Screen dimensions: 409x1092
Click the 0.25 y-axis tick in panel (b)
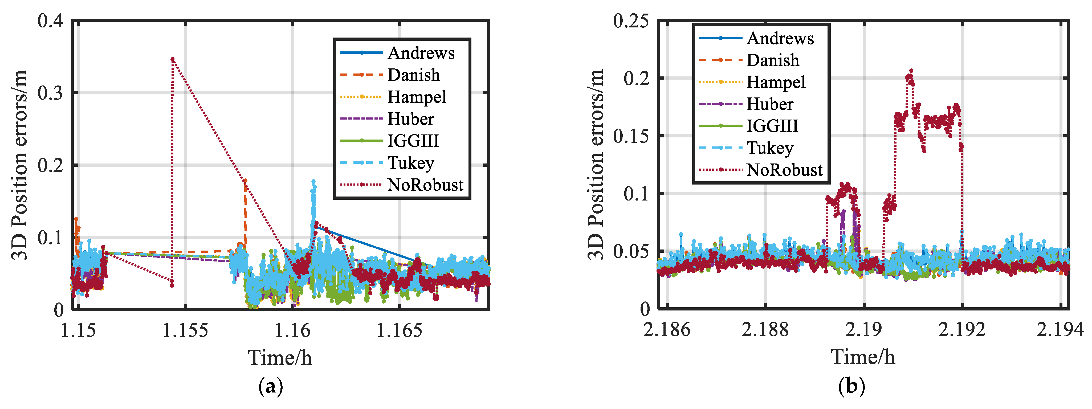(630, 20)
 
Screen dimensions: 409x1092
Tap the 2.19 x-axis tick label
(863, 330)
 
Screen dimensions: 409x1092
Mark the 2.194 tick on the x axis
(1060, 330)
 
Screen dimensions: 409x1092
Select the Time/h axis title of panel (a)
(280, 358)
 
